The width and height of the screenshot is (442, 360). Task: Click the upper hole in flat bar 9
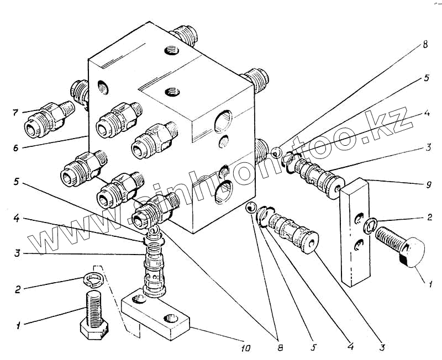360,218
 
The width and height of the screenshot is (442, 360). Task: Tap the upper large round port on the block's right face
225,120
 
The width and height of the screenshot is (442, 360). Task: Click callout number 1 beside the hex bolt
19,326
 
